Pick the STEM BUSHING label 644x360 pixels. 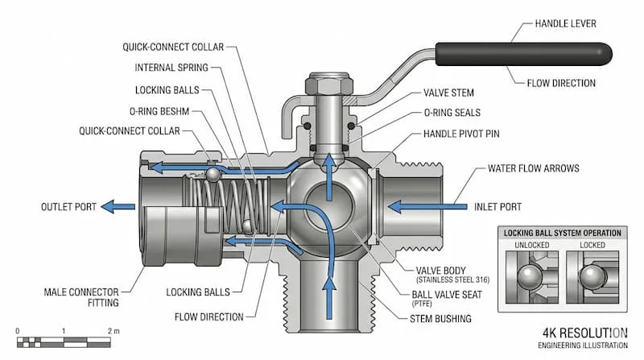pyautogui.click(x=440, y=319)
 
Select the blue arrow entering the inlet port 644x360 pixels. pyautogui.click(x=410, y=206)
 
